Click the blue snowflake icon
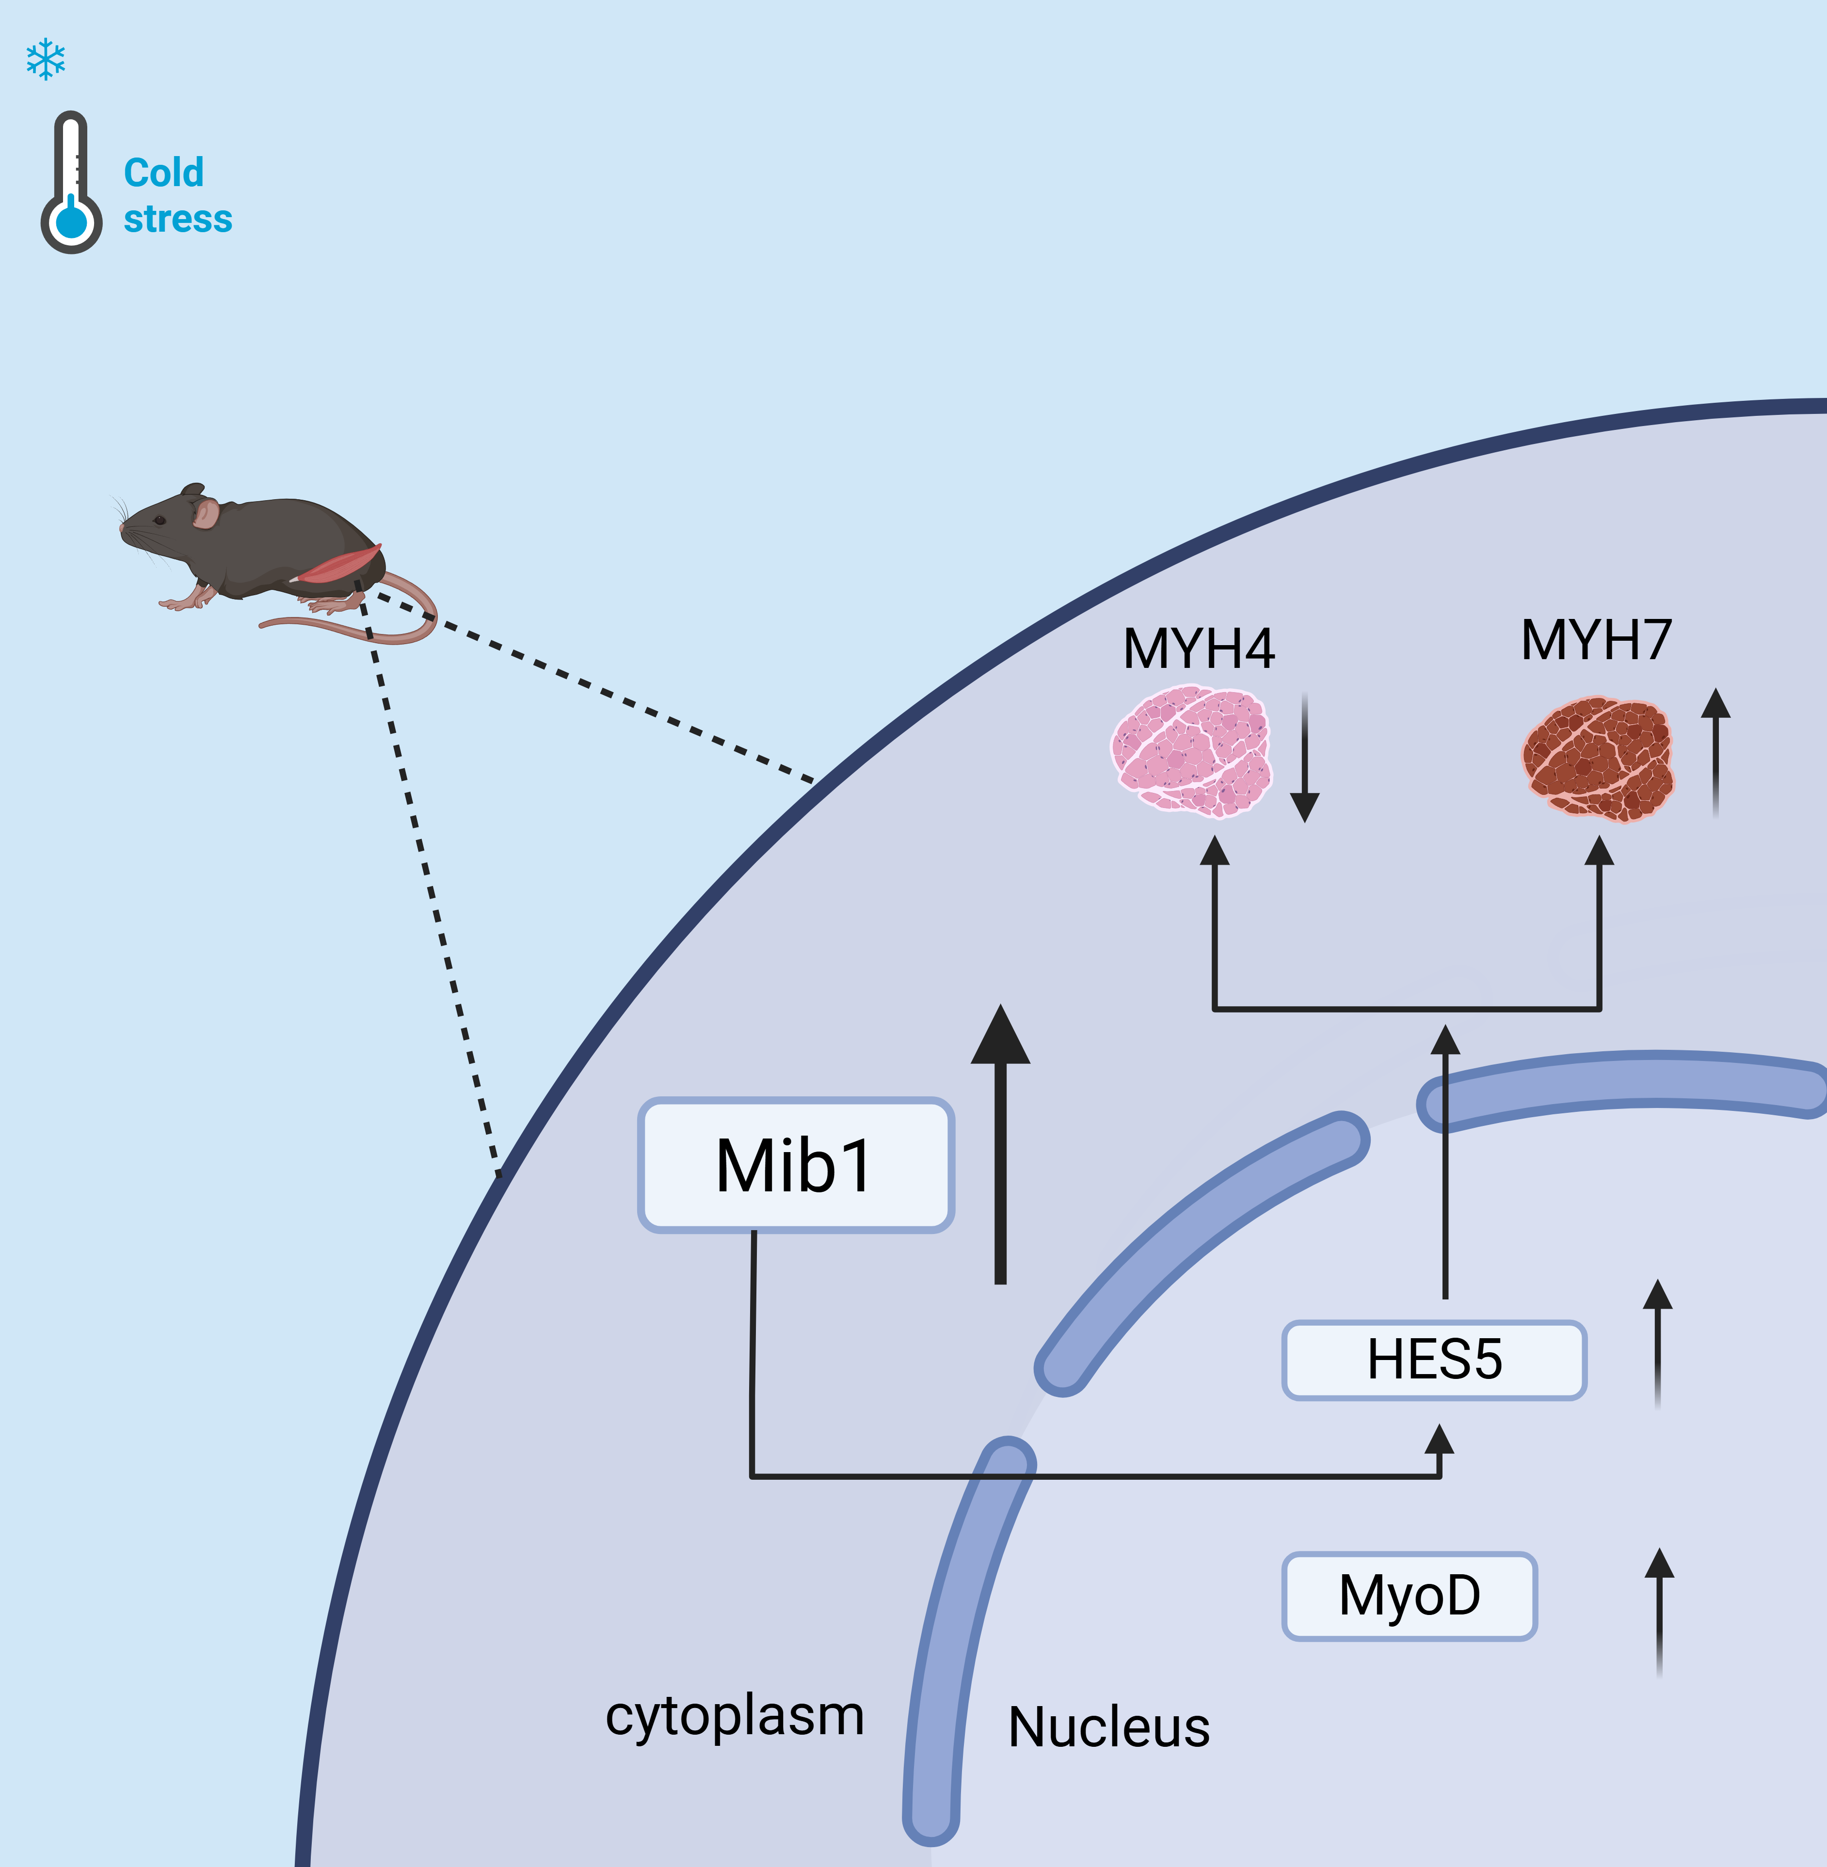point(45,60)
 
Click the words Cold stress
point(177,196)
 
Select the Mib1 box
point(796,1165)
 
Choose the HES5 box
point(1434,1360)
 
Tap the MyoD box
point(1409,1596)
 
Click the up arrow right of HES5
point(1657,1343)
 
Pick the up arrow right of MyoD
point(1659,1612)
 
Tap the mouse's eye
point(160,520)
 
